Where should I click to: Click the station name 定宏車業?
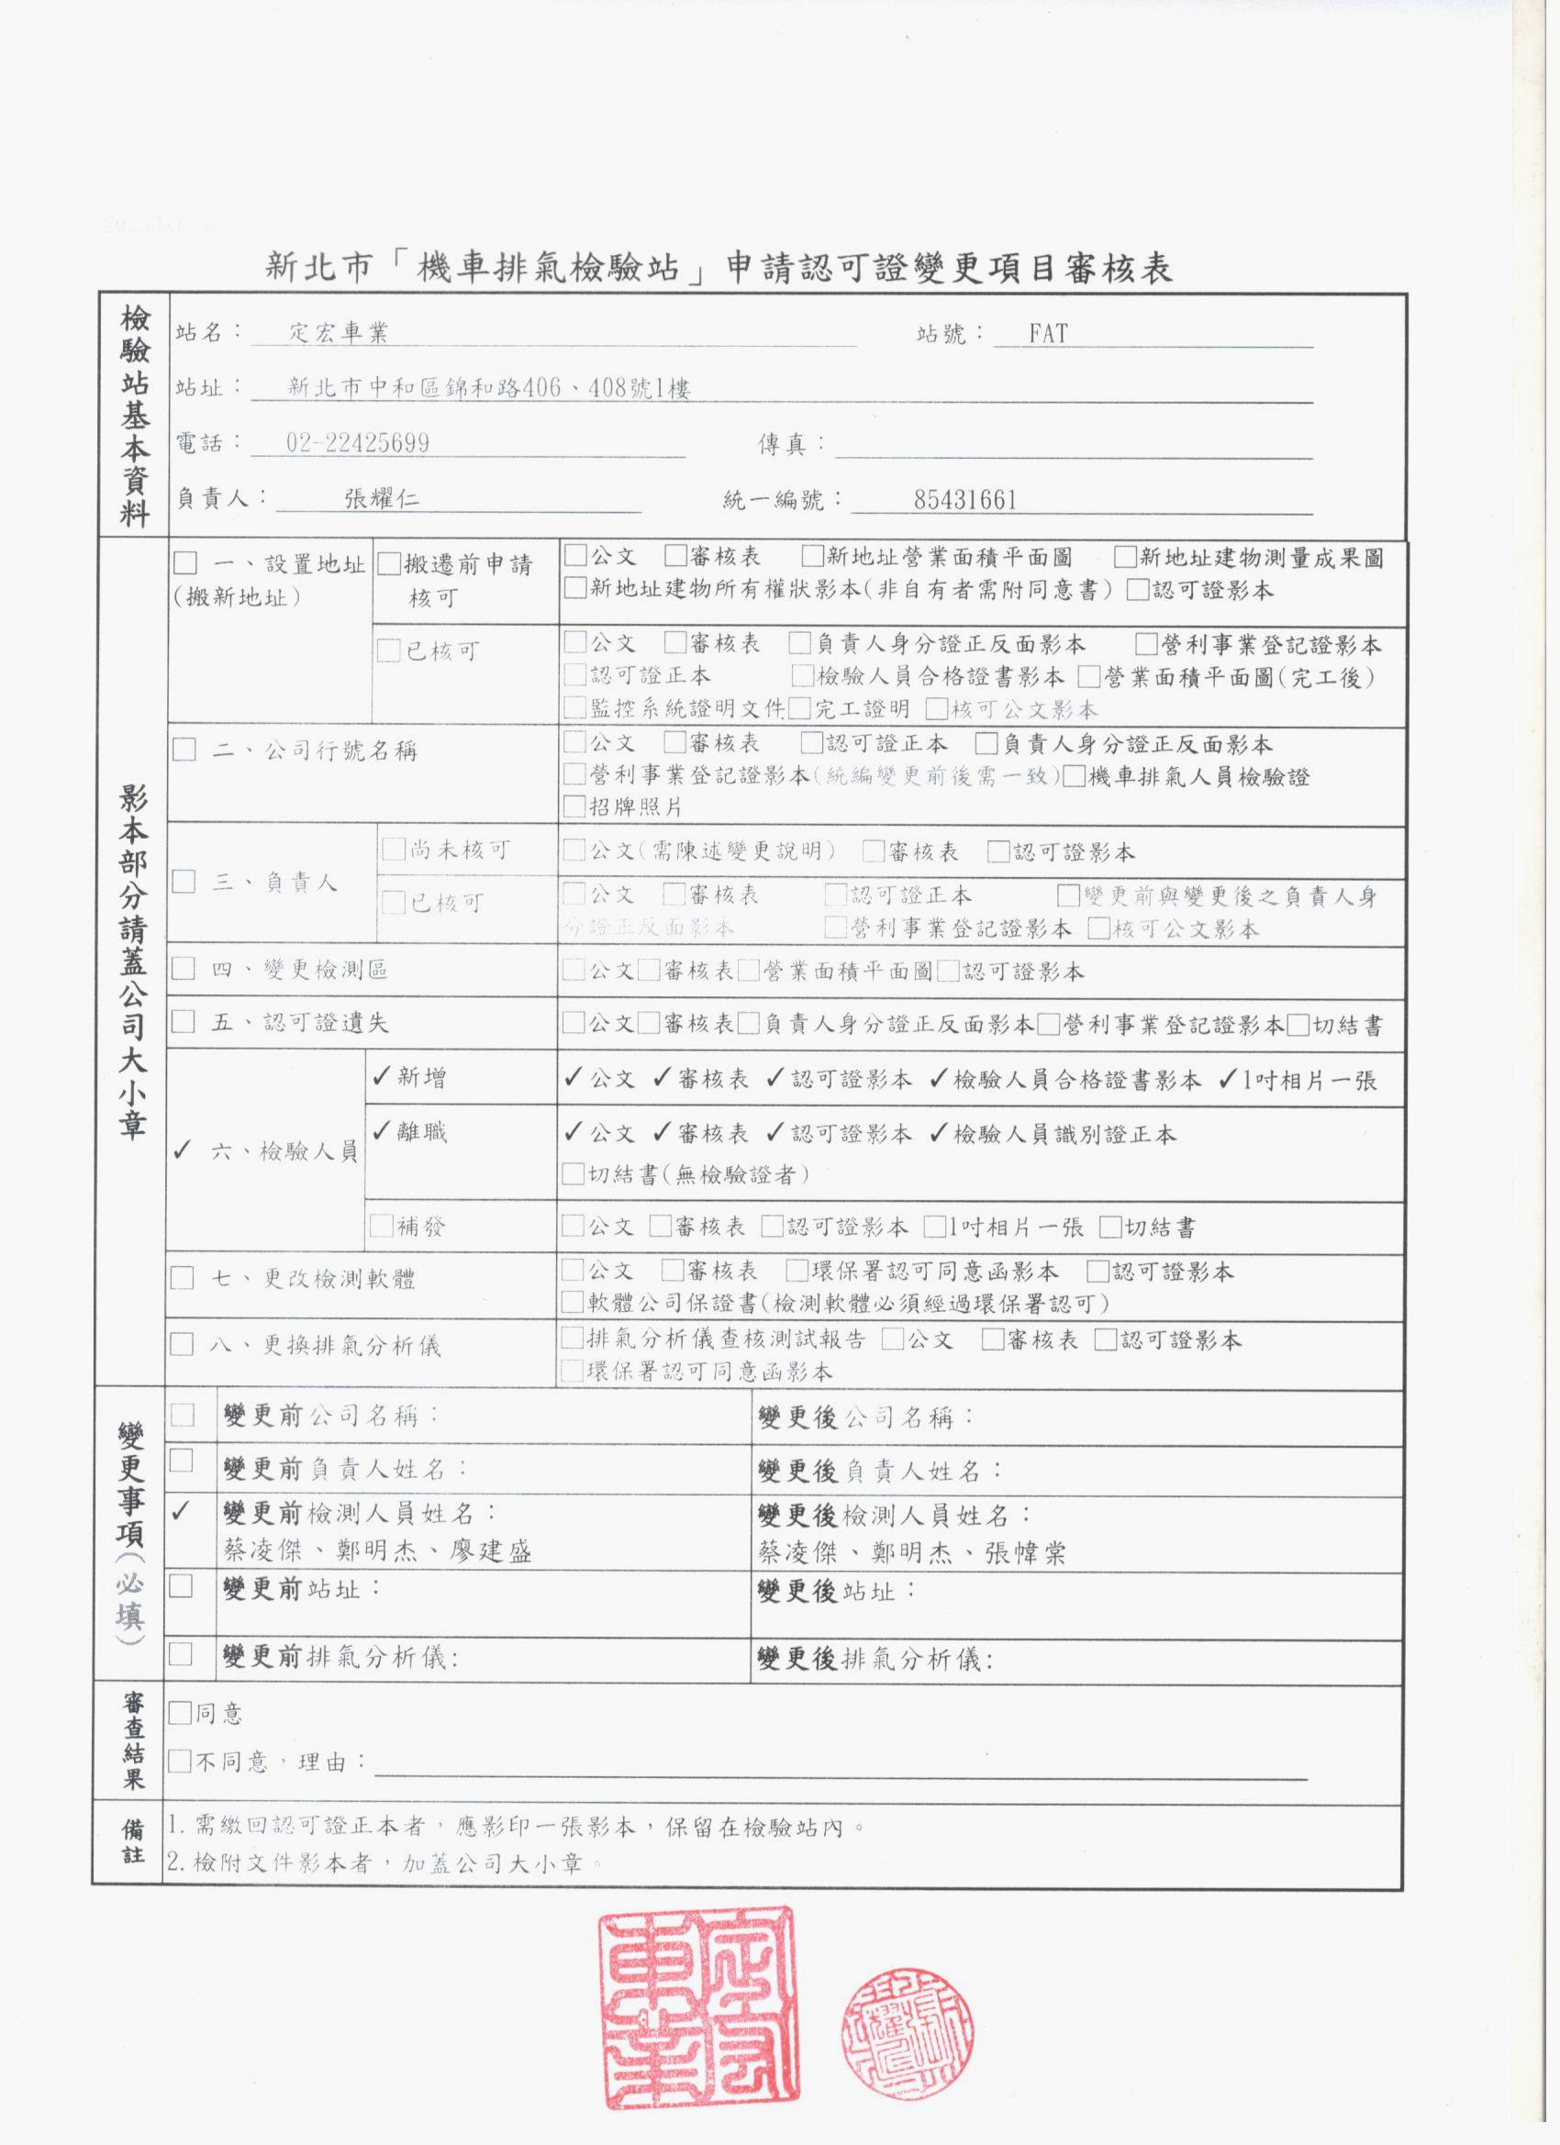pos(338,333)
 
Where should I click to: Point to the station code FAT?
pos(1047,333)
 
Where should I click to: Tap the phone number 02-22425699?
pos(358,442)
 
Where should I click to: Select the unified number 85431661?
pos(965,499)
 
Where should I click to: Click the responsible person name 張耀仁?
pos(382,498)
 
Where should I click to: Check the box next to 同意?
pos(180,1713)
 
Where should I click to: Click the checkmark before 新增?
pos(381,1077)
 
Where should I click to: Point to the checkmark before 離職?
pos(381,1131)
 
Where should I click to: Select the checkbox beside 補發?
pos(381,1227)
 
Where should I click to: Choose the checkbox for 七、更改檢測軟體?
pos(182,1280)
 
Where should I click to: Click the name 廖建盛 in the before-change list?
pos(491,1551)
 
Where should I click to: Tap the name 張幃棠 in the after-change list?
pos(1026,1552)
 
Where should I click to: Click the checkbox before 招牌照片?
pos(574,806)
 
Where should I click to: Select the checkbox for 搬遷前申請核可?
pos(389,564)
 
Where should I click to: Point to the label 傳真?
pos(781,443)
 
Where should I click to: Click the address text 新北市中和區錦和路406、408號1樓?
pos(489,388)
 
